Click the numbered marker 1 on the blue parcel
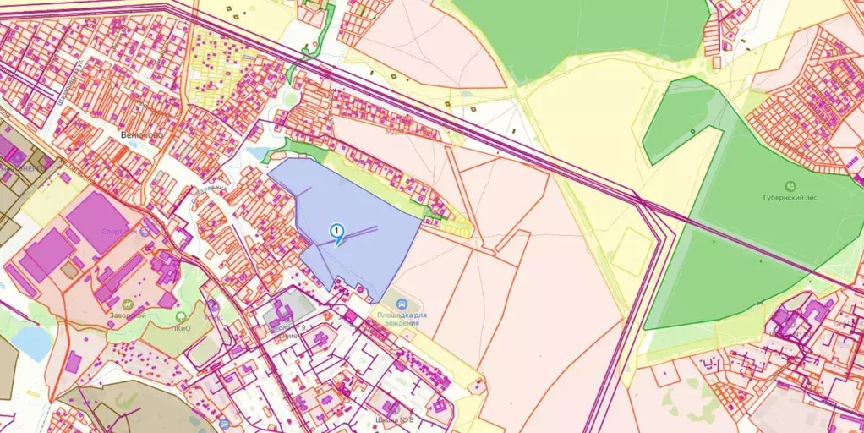point(336,230)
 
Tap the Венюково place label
point(141,134)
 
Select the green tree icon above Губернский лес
point(791,185)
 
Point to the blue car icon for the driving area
point(402,304)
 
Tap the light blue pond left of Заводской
point(32,343)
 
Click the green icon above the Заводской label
point(127,304)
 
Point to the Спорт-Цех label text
point(118,231)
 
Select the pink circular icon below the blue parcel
point(362,290)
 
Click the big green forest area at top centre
point(583,34)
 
